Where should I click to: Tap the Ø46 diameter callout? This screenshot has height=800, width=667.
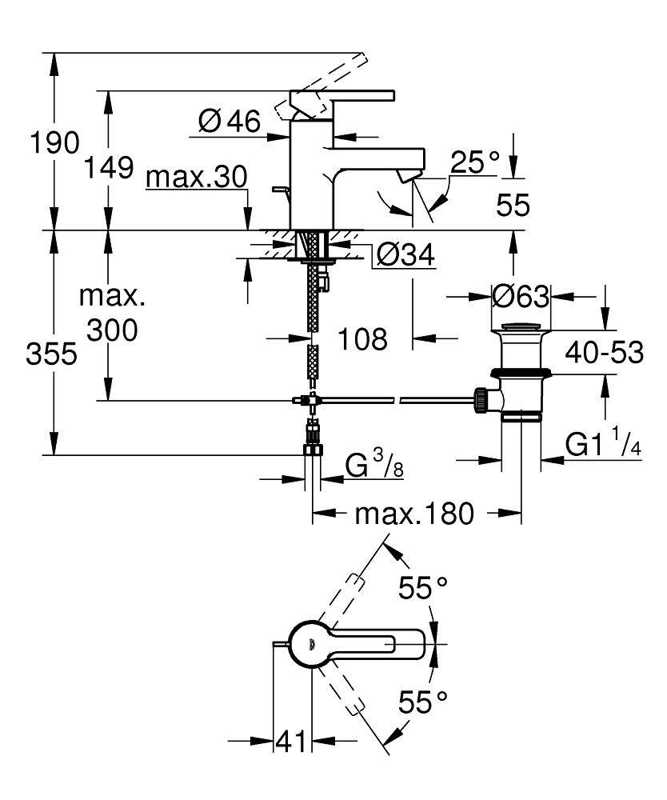[x=229, y=121]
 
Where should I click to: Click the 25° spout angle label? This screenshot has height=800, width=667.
[x=475, y=163]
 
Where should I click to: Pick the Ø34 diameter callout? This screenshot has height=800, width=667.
[x=405, y=255]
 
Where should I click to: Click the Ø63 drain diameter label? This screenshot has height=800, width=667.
[x=521, y=297]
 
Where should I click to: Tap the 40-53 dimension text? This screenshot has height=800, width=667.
[x=605, y=351]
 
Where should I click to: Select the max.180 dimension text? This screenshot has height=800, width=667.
[x=414, y=513]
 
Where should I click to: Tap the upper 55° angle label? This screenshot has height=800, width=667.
[x=423, y=589]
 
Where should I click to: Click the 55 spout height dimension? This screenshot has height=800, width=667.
[x=513, y=206]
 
